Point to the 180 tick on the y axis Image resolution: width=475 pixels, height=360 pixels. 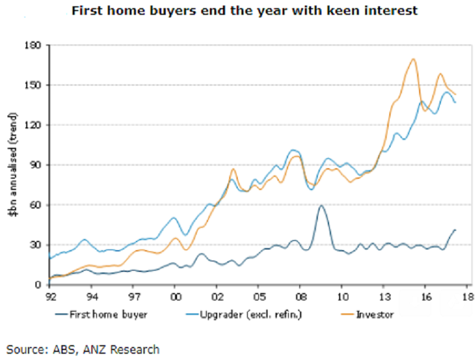point(33,46)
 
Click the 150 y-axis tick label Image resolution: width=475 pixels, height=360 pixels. point(33,86)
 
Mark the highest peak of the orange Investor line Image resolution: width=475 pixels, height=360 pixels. point(413,59)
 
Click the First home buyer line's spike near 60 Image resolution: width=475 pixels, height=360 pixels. point(320,205)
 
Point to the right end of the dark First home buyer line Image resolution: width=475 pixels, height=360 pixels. point(455,230)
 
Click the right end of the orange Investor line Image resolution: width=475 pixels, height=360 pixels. point(455,94)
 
